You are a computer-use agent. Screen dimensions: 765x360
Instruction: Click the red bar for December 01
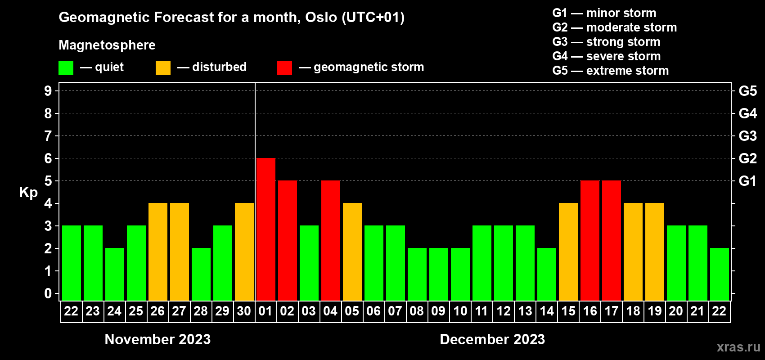[x=265, y=229]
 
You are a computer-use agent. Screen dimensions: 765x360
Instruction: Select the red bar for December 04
[x=331, y=240]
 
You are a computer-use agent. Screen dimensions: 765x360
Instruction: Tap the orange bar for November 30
[x=244, y=252]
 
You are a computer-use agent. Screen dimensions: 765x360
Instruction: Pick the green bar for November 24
[x=115, y=274]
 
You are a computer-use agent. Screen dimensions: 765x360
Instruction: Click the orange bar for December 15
[x=568, y=252]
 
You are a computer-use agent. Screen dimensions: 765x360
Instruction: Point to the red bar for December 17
[x=611, y=240]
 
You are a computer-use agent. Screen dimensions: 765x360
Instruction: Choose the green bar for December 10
[x=460, y=274]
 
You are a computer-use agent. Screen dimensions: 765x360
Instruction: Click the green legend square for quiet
[x=66, y=67]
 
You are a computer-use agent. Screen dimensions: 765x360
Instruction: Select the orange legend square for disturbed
[x=163, y=67]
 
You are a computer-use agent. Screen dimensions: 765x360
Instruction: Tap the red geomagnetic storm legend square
[x=284, y=67]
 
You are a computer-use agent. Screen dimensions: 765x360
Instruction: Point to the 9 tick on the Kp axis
[x=48, y=91]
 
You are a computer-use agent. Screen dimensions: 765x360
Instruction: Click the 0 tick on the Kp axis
[x=48, y=293]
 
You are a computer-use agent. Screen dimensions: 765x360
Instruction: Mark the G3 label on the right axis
[x=747, y=136]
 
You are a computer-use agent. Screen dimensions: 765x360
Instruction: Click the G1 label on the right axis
[x=747, y=181]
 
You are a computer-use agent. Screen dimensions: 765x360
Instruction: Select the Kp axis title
[x=28, y=193]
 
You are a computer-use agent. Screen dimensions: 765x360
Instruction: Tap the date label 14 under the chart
[x=547, y=311]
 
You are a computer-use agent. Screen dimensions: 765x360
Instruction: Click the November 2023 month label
[x=157, y=339]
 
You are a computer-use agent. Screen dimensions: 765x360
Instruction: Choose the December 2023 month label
[x=492, y=339]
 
